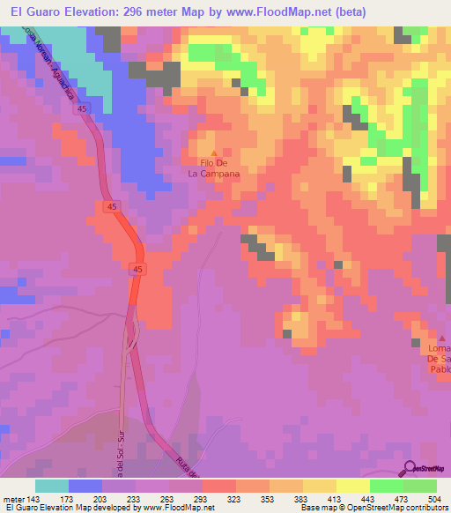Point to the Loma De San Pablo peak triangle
coord(443,338)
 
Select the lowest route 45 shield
coord(136,267)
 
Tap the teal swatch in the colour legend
coord(51,487)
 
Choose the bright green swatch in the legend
coord(386,487)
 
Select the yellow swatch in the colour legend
coord(352,487)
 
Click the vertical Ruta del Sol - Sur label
coord(117,450)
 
